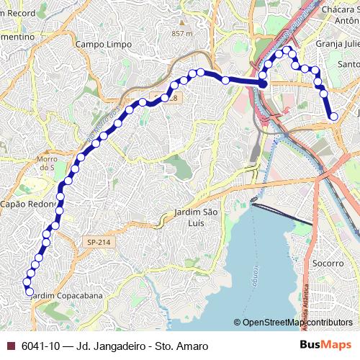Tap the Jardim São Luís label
click(196, 217)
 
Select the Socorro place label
click(329, 263)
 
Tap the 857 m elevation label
click(183, 34)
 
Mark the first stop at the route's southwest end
click(30, 292)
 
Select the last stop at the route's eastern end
click(333, 116)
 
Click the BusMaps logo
click(325, 345)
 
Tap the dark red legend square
click(11, 346)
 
